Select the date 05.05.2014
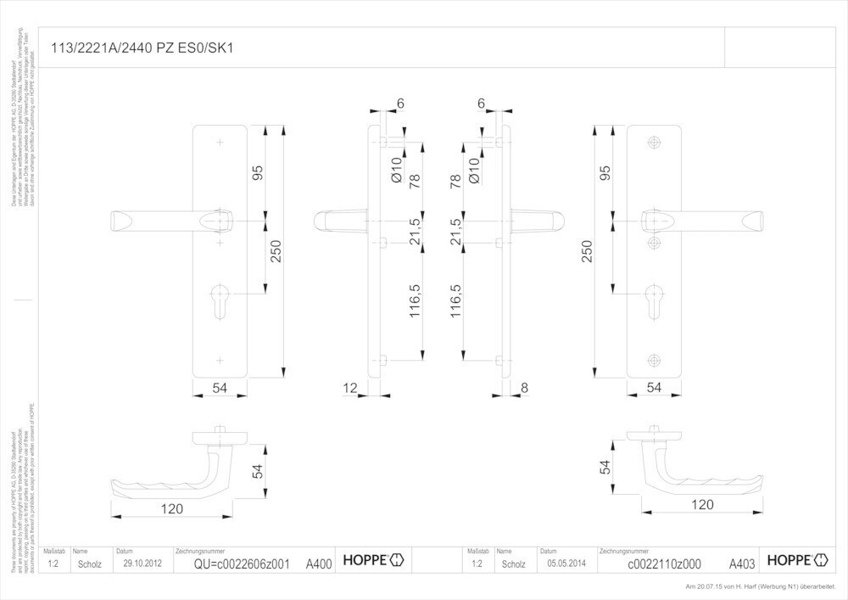[x=566, y=563]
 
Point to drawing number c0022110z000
[x=663, y=563]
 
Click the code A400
[x=318, y=563]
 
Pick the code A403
[x=742, y=563]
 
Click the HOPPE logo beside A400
[x=373, y=559]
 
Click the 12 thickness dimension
[x=349, y=388]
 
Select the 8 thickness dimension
[x=524, y=388]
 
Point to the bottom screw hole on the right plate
[x=653, y=359]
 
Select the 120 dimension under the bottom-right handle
[x=702, y=504]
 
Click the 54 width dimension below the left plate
[x=220, y=388]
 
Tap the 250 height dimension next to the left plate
[x=275, y=251]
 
